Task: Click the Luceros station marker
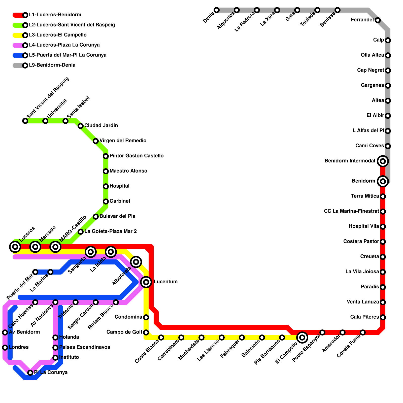tap(15, 247)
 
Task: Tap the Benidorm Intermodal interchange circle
tap(383, 161)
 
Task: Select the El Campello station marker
tap(302, 338)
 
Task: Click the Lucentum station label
tap(165, 282)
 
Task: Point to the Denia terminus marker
tap(217, 10)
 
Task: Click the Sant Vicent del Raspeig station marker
tap(25, 121)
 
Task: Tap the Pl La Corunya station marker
tap(30, 373)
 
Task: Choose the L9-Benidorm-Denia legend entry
tap(52, 65)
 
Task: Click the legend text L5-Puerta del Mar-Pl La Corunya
tap(68, 55)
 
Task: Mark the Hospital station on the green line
tap(106, 186)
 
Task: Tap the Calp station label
tap(379, 40)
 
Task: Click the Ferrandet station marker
tap(378, 20)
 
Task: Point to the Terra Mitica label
tap(365, 196)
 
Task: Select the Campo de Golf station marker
tap(146, 332)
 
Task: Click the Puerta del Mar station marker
tap(35, 272)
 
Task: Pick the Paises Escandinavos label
tap(85, 347)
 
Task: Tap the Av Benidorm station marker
tap(5, 332)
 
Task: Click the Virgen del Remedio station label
tap(123, 141)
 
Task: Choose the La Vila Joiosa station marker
tap(383, 272)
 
